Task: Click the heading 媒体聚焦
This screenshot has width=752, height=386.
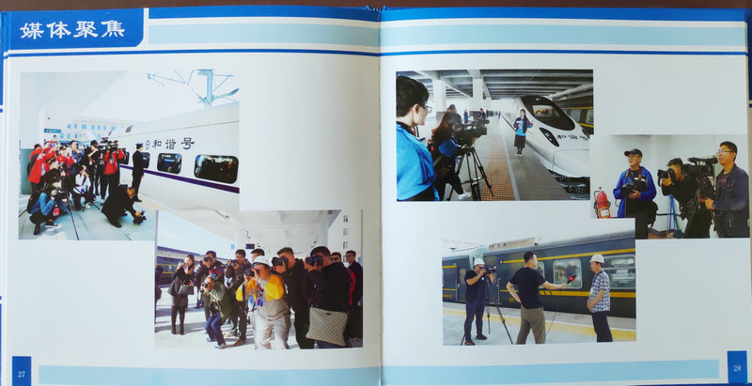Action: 72,30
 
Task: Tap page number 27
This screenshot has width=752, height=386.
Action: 22,374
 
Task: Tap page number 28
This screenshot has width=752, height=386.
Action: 737,369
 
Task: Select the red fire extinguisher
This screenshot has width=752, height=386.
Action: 602,204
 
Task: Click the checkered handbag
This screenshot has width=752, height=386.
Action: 327,326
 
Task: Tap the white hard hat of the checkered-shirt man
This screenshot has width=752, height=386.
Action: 597,258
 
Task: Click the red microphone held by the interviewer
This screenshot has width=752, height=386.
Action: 572,279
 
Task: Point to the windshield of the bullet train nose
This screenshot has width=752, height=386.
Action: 547,112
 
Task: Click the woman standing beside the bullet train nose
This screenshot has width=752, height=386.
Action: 521,131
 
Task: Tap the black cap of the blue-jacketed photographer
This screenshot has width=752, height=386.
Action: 633,153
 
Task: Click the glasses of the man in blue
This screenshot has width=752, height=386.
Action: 725,152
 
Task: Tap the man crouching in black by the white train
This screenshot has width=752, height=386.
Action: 120,206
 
